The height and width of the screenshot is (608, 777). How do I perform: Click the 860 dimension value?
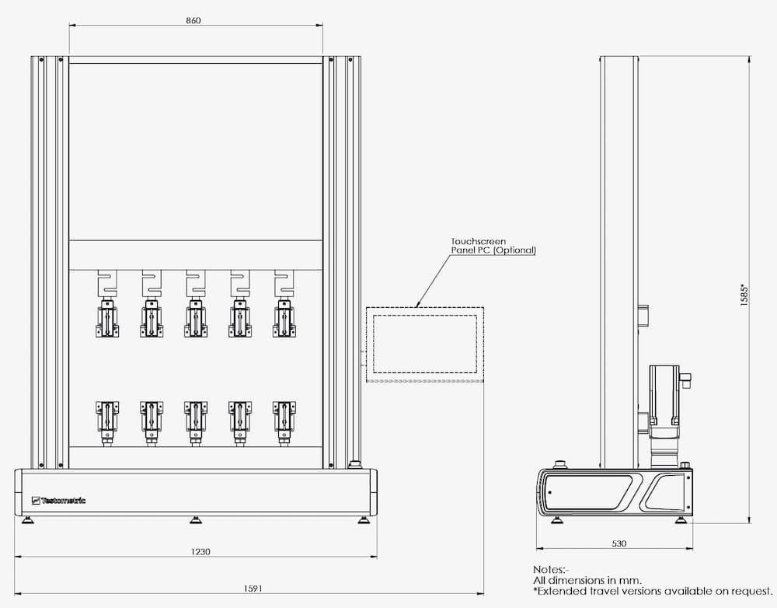coord(193,20)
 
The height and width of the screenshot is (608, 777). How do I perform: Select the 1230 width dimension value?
coord(200,551)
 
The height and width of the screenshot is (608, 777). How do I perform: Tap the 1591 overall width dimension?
coord(253,589)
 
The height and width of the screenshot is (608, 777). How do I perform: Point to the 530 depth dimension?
coord(619,543)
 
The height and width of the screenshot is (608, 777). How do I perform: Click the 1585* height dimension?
coord(744,295)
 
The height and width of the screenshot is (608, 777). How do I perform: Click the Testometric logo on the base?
coord(58,501)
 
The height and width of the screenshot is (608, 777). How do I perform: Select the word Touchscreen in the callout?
coord(478,242)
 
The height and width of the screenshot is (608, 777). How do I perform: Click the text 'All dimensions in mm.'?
coord(587,580)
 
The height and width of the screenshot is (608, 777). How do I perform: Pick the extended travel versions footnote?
coord(653,591)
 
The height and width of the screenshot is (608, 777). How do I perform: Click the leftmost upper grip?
coord(107,318)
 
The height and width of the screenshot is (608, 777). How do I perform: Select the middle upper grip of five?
coord(196,318)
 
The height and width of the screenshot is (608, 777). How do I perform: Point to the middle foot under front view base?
coord(196,520)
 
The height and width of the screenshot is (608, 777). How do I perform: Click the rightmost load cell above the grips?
coord(284,284)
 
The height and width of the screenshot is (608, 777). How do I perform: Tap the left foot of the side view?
coord(557,520)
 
